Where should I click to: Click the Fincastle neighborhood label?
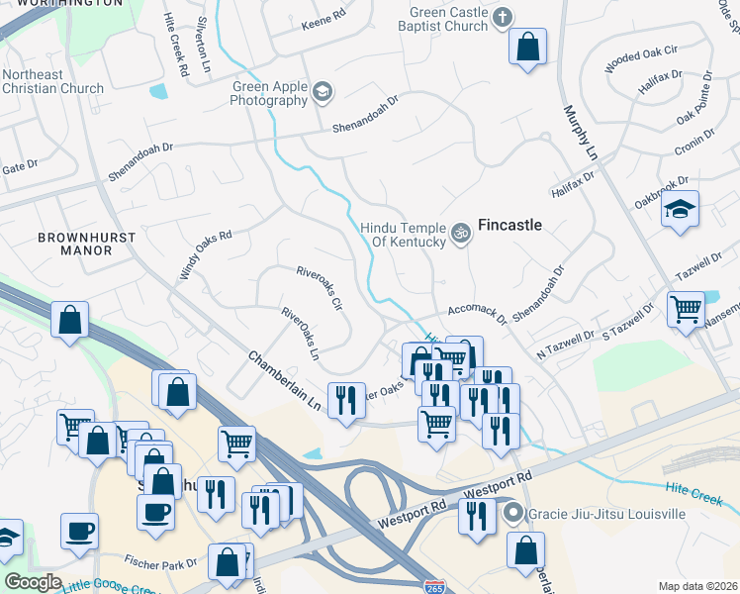pyautogui.click(x=509, y=225)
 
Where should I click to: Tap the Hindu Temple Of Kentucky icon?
pyautogui.click(x=460, y=234)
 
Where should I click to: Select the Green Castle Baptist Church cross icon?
pyautogui.click(x=504, y=17)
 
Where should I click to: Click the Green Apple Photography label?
pyautogui.click(x=269, y=93)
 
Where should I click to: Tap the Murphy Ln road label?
pyautogui.click(x=582, y=134)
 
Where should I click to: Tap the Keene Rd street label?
pyautogui.click(x=324, y=18)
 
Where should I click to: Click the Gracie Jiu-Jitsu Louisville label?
pyautogui.click(x=606, y=514)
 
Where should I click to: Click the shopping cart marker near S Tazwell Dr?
pyautogui.click(x=686, y=308)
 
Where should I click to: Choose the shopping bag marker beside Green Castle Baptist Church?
pyautogui.click(x=527, y=46)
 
